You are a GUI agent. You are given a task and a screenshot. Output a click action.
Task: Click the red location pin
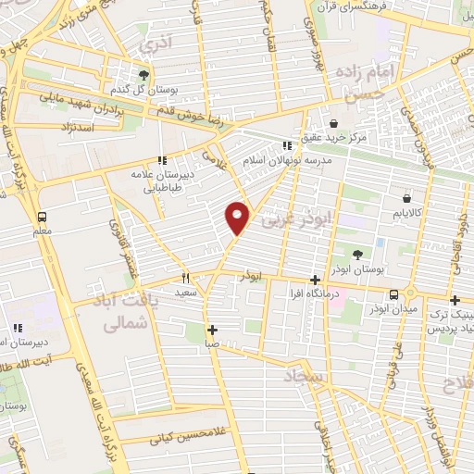click(x=238, y=218)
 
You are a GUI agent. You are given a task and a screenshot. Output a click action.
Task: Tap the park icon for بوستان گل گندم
click(x=143, y=74)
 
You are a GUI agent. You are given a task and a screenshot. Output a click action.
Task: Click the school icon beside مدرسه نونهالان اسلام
click(x=286, y=144)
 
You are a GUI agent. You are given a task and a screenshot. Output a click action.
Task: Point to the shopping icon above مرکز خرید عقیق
click(x=334, y=123)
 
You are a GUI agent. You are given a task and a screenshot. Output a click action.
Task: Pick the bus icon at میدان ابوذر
click(x=394, y=294)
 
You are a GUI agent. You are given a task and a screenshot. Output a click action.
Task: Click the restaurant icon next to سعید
click(x=185, y=277)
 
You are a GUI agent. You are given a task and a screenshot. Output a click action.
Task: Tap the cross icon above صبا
click(x=212, y=329)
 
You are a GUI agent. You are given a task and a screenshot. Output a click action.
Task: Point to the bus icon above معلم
click(x=41, y=217)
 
